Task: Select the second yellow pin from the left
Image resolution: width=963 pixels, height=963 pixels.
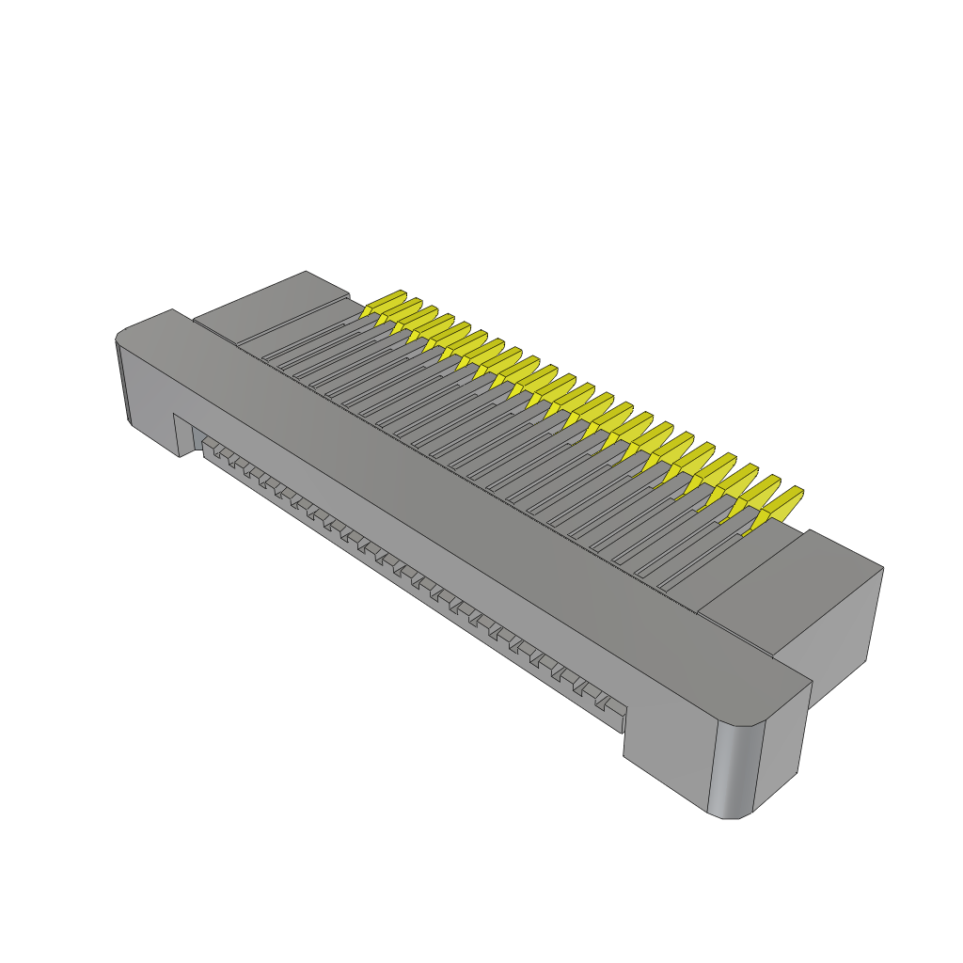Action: pyautogui.click(x=404, y=310)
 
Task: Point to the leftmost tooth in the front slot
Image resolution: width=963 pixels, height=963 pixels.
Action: pyautogui.click(x=212, y=450)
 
